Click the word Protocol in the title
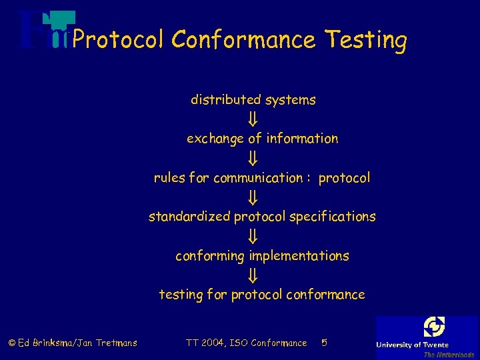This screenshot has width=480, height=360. pyautogui.click(x=117, y=41)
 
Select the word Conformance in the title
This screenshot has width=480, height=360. pyautogui.click(x=243, y=40)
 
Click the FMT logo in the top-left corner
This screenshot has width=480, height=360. pyautogui.click(x=43, y=30)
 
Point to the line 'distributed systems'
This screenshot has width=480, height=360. pyautogui.click(x=253, y=100)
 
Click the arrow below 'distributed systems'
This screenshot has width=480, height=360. pyautogui.click(x=253, y=119)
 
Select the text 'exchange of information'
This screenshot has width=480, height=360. pyautogui.click(x=262, y=139)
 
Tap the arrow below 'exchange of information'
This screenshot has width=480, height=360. pyautogui.click(x=253, y=159)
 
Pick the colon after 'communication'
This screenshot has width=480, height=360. pyautogui.click(x=309, y=179)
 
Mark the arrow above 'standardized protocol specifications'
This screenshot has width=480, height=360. pyautogui.click(x=253, y=197)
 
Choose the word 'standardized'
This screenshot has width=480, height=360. pyautogui.click(x=189, y=217)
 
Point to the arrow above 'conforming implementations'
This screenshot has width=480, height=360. pyautogui.click(x=253, y=237)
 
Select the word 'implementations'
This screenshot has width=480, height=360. pyautogui.click(x=299, y=256)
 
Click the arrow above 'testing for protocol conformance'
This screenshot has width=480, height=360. pyautogui.click(x=253, y=275)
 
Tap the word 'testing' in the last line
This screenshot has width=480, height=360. pyautogui.click(x=181, y=295)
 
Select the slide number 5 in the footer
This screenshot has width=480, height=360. pyautogui.click(x=324, y=343)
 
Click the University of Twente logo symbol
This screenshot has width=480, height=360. pyautogui.click(x=434, y=327)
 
